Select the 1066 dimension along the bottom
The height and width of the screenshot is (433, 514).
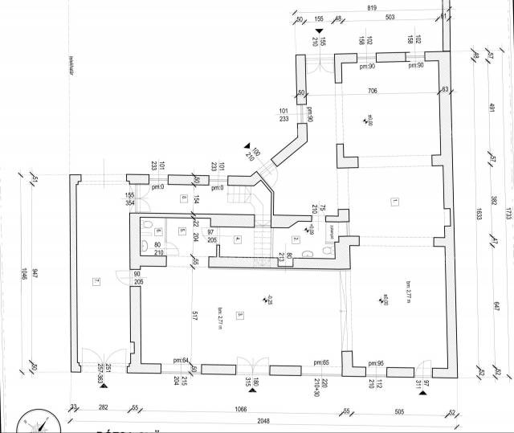(x=259, y=408)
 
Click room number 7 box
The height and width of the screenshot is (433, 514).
(x=96, y=280)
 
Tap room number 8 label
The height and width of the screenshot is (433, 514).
(x=184, y=198)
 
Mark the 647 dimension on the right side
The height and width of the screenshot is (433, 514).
(x=496, y=305)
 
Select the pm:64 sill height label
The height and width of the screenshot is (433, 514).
(x=180, y=362)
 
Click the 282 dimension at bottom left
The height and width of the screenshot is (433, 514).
(x=103, y=408)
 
